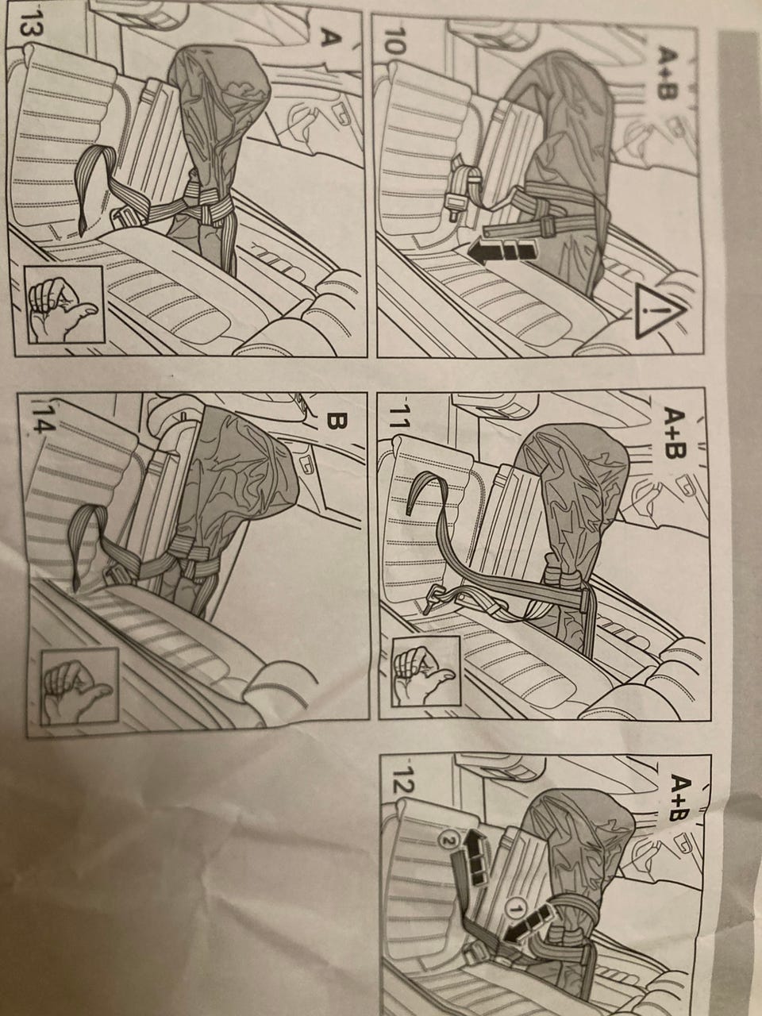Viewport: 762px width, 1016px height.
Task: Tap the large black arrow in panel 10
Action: (x=502, y=252)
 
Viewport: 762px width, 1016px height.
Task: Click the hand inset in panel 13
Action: (x=65, y=305)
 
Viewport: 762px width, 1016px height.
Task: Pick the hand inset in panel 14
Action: (x=79, y=687)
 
